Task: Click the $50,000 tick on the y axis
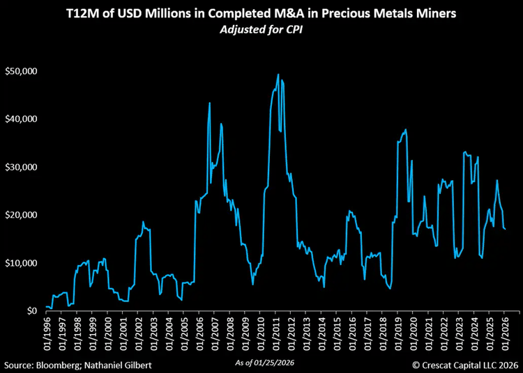pos(21,71)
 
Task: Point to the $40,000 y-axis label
pos(21,119)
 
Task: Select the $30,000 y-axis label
pos(21,167)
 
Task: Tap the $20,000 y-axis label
pos(21,215)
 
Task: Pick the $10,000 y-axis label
pos(21,263)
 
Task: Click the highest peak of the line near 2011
pos(278,74)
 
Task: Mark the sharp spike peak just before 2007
pos(210,103)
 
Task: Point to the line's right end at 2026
pos(505,228)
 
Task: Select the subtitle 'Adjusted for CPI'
pos(261,32)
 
